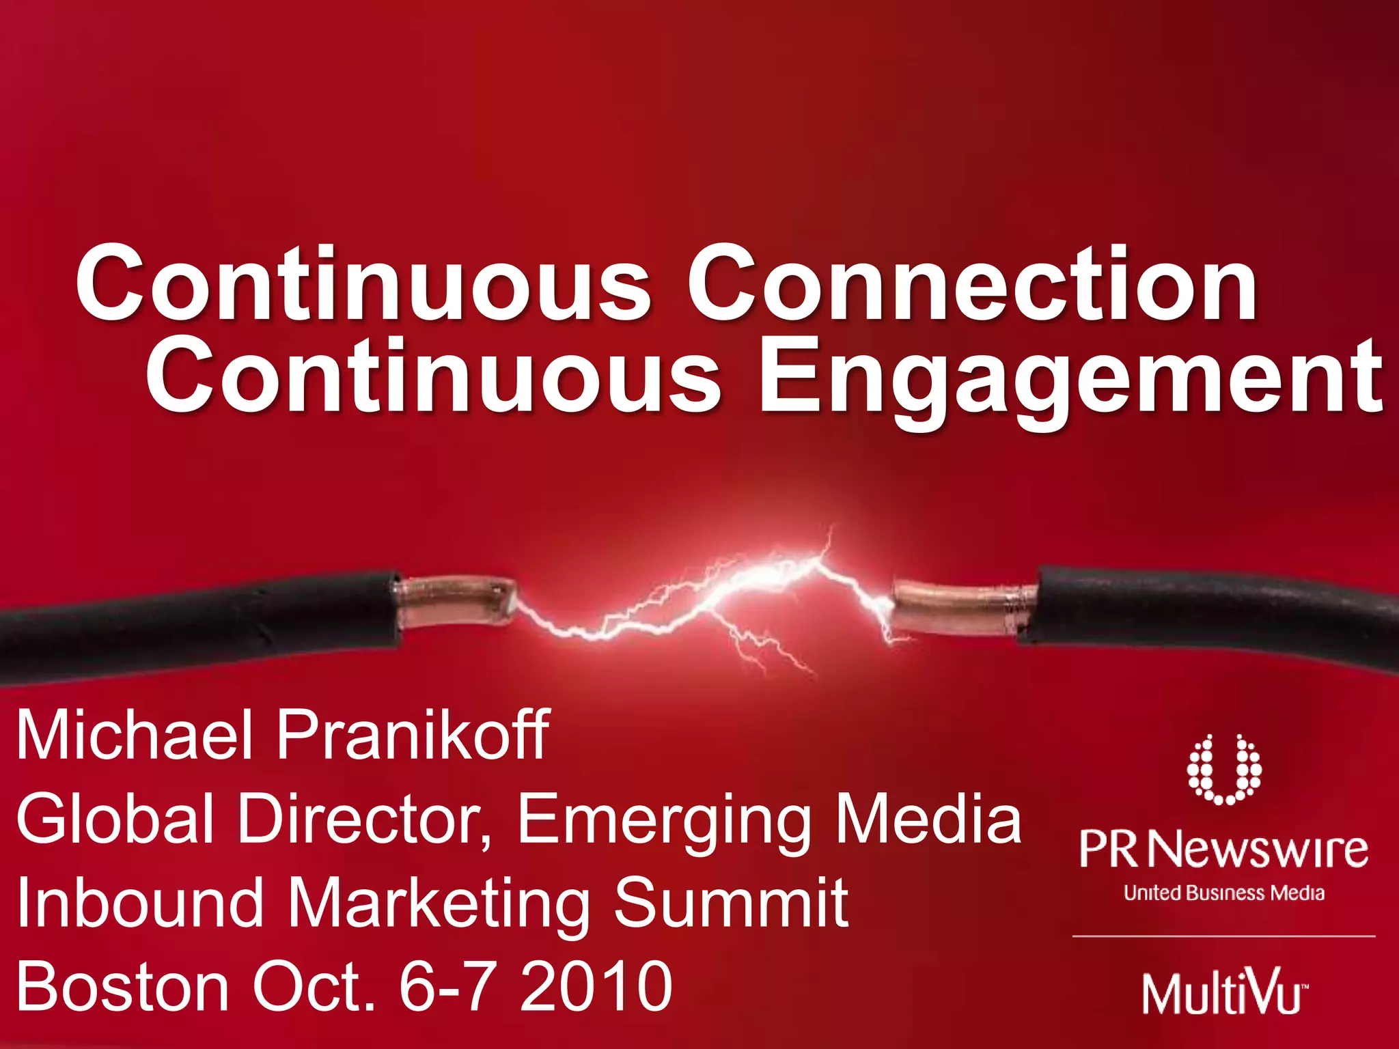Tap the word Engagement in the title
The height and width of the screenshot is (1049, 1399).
(x=1071, y=377)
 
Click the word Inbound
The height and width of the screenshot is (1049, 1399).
(x=140, y=903)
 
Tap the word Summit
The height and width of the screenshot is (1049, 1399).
(x=731, y=903)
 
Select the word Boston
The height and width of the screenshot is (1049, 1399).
(x=123, y=987)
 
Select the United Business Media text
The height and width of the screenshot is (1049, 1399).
(x=1223, y=893)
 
